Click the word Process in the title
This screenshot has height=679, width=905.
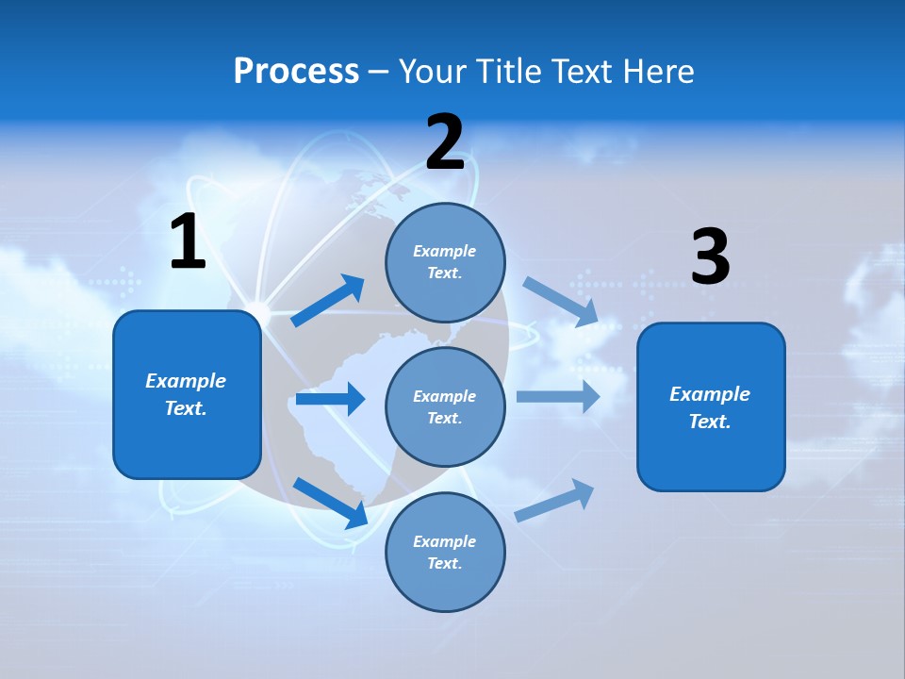pyautogui.click(x=296, y=72)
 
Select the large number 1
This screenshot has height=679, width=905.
pyautogui.click(x=188, y=242)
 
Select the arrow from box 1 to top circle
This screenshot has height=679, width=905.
pyautogui.click(x=328, y=301)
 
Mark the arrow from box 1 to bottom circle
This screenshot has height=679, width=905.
pyautogui.click(x=330, y=502)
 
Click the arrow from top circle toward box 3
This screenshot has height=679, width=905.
pyautogui.click(x=561, y=302)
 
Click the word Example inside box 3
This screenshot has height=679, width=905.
pyautogui.click(x=710, y=394)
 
